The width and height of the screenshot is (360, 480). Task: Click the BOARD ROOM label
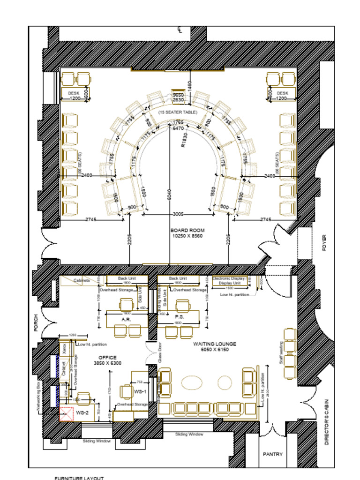point(187,231)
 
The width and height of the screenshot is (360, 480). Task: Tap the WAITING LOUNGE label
point(215,344)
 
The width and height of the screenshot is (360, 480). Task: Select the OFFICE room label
point(107,358)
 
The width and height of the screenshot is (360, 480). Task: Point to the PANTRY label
point(272,454)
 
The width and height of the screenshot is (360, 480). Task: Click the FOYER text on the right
point(325,243)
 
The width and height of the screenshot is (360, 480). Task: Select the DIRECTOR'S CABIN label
point(326,422)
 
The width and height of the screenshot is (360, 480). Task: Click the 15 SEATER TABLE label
point(178,112)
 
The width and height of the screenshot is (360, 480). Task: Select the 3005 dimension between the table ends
point(178,214)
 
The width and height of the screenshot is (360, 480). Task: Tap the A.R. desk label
point(126,319)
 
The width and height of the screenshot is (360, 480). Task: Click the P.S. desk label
point(179,317)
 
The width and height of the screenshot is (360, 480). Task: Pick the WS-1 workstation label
point(140,391)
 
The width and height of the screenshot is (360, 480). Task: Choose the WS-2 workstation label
point(82,412)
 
